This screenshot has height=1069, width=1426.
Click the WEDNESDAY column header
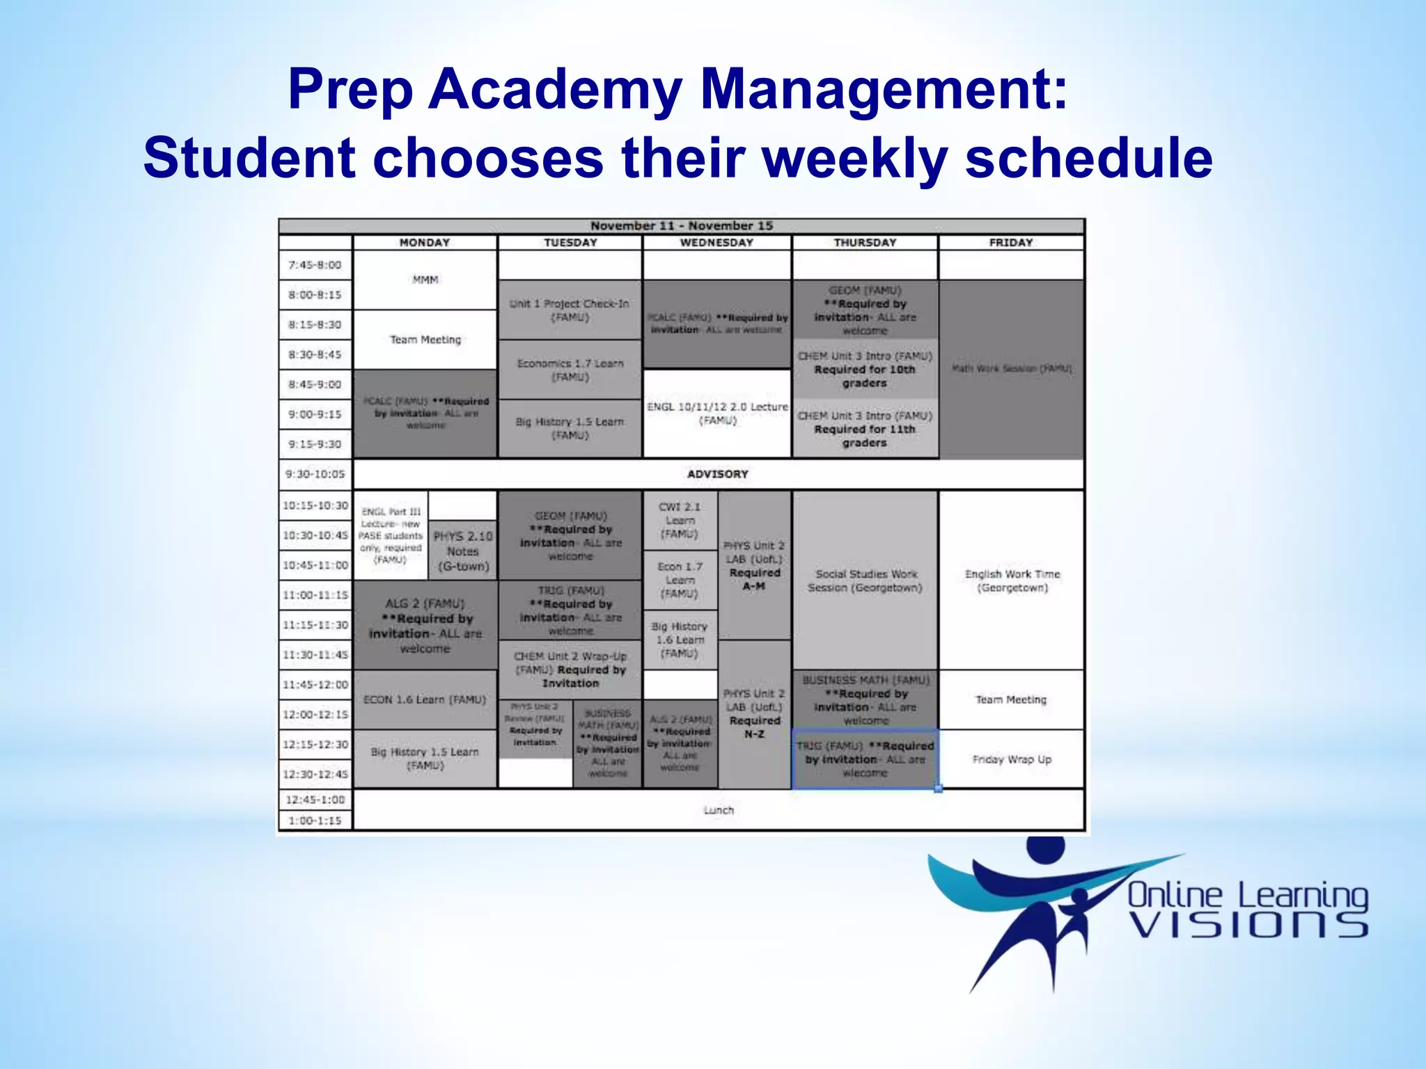(716, 242)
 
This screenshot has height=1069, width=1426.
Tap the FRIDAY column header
(1010, 242)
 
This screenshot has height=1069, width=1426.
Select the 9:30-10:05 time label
(315, 474)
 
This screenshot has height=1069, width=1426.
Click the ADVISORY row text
(717, 474)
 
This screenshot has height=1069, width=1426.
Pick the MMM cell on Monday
(425, 280)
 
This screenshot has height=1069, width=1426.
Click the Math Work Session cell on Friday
(1011, 368)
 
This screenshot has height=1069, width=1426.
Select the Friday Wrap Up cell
(1011, 759)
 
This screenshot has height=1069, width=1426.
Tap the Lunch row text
(718, 810)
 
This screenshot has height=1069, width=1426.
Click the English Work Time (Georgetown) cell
(1012, 580)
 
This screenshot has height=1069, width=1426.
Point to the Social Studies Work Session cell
(865, 580)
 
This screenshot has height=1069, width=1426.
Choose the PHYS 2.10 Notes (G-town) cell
(463, 551)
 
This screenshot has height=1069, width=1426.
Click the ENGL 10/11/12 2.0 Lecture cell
(717, 413)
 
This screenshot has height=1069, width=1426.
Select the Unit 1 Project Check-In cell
(570, 310)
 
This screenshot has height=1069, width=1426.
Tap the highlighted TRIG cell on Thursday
(865, 759)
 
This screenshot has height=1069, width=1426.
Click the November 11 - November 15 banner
(681, 225)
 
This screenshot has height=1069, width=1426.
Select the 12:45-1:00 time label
(315, 800)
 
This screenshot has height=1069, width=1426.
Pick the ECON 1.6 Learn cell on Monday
(425, 699)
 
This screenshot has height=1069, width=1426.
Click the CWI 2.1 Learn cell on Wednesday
(680, 521)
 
